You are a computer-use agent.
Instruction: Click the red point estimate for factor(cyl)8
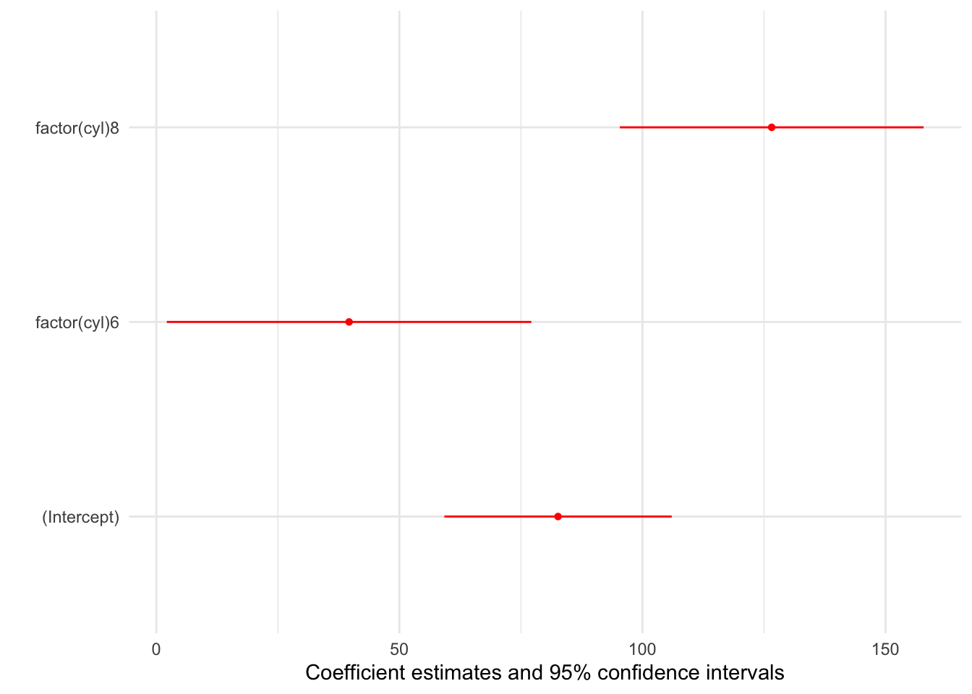pos(772,127)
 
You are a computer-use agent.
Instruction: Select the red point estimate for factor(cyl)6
pos(349,322)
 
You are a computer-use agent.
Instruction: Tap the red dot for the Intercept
pos(558,516)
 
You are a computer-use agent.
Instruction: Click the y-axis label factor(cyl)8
pos(77,129)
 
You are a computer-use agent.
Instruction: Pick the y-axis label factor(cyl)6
pos(77,322)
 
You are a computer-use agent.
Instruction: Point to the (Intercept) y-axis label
pos(81,517)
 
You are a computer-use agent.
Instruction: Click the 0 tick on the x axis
pos(156,649)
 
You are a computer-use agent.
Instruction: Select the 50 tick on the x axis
pos(399,649)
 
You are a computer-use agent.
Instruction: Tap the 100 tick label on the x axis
pos(642,649)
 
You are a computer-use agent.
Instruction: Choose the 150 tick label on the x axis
pos(885,649)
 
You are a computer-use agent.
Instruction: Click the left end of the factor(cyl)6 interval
pos(168,322)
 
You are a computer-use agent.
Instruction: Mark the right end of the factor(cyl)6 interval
pos(531,322)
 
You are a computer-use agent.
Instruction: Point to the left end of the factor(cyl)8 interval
pos(621,127)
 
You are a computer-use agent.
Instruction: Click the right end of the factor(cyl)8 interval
pos(923,127)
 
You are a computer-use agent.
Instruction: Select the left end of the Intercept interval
pos(445,516)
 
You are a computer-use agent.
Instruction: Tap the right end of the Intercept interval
pos(671,516)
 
